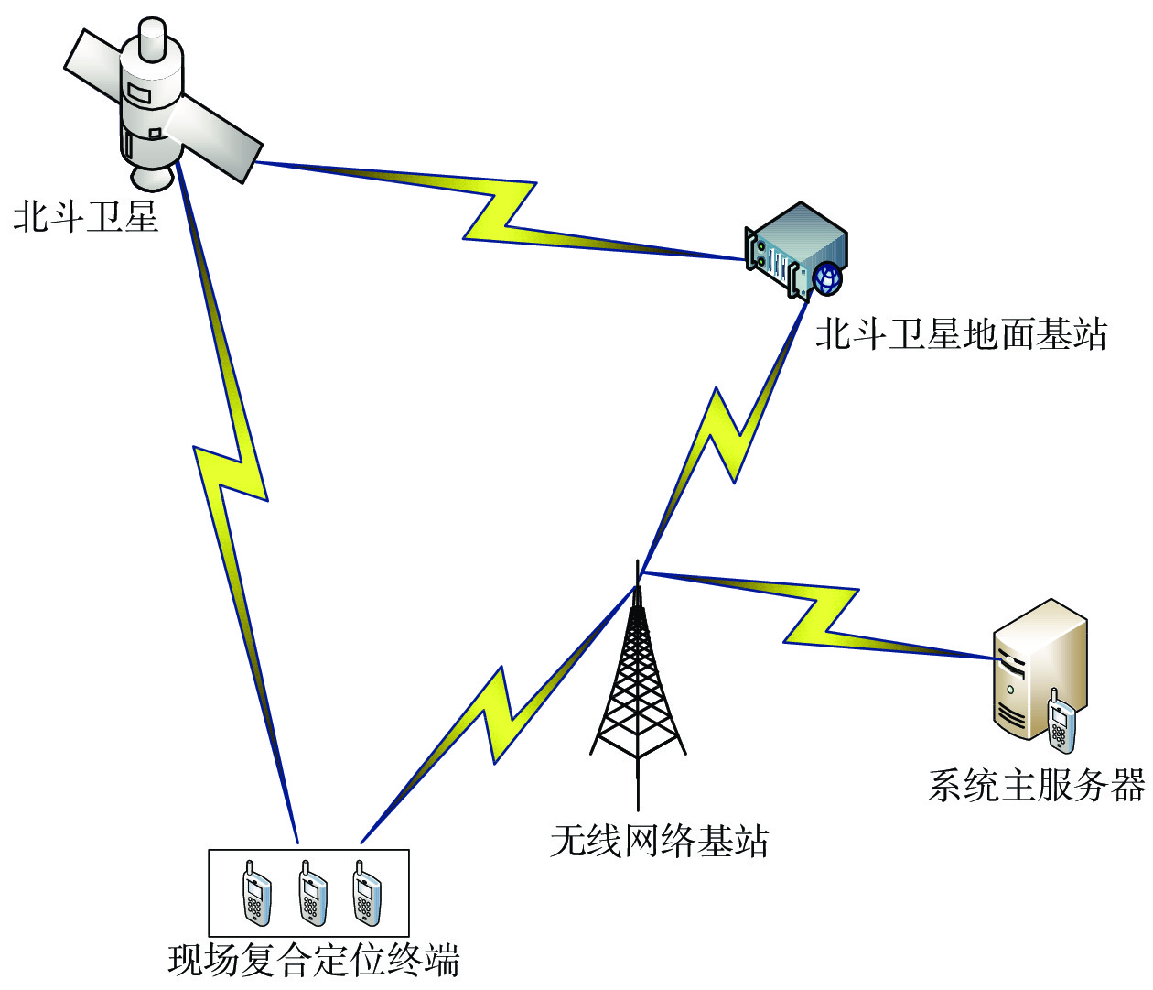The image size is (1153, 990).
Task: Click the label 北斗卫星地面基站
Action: [x=961, y=334]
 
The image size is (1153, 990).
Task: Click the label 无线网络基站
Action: [x=659, y=841]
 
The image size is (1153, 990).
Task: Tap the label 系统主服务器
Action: [x=1037, y=786]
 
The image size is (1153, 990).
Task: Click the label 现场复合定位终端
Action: [x=314, y=960]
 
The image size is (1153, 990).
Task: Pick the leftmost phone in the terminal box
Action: [x=255, y=894]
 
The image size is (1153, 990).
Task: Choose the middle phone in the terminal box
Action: [x=311, y=894]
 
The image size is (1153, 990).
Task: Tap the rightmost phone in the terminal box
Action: [x=366, y=894]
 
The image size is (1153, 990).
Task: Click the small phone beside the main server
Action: [x=1060, y=723]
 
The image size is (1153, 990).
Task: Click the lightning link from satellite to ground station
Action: [x=499, y=211]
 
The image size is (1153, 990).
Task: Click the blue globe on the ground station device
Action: [x=827, y=277]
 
